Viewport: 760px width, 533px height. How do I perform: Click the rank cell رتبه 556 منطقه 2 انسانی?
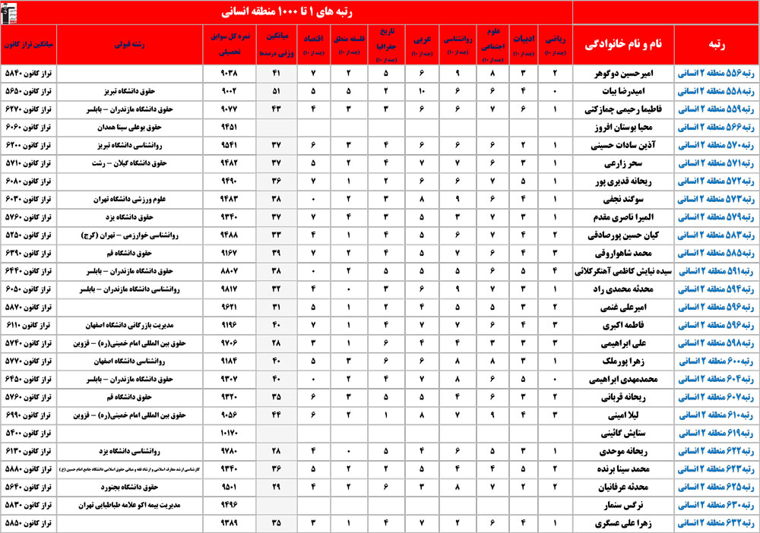(x=714, y=74)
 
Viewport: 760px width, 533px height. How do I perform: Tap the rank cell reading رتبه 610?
(x=714, y=415)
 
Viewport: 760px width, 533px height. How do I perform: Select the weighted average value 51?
(x=276, y=91)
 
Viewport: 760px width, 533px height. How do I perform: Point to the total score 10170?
(x=229, y=433)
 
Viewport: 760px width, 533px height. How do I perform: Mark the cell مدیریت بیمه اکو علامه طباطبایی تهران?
(x=131, y=505)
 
